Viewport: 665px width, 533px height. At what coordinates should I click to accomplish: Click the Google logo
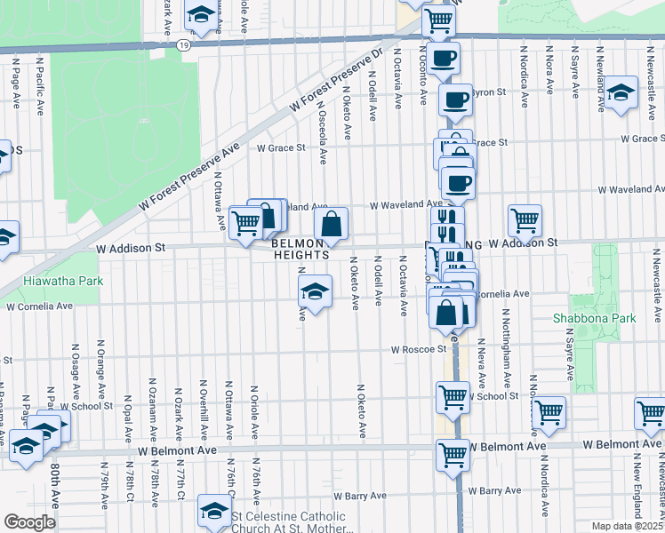(x=28, y=521)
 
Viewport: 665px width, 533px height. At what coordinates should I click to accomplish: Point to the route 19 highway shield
(x=183, y=44)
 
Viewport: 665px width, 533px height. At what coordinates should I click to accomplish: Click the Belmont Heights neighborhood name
(x=300, y=249)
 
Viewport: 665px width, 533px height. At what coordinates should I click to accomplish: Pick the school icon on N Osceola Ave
(x=314, y=290)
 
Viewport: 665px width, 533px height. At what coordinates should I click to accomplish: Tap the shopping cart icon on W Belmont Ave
(x=453, y=455)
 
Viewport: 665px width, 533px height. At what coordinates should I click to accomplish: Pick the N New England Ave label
(x=637, y=490)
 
